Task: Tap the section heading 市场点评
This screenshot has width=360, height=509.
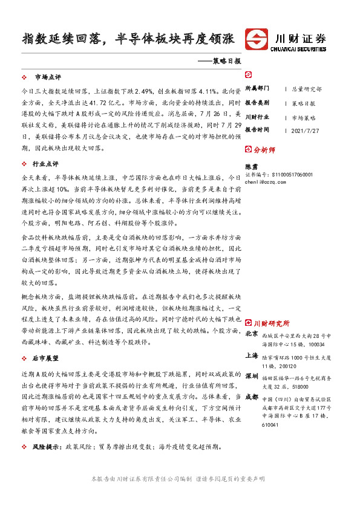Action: pyautogui.click(x=48, y=77)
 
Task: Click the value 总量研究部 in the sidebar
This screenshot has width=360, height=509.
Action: pyautogui.click(x=307, y=89)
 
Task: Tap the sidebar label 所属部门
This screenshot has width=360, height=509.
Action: pyautogui.click(x=257, y=88)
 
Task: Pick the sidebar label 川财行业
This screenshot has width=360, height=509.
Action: pyautogui.click(x=257, y=116)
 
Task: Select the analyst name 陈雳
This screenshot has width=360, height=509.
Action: pyautogui.click(x=251, y=166)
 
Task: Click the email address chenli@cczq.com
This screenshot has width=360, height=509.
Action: pyautogui.click(x=269, y=181)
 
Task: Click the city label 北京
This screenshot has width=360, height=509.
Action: pyautogui.click(x=252, y=334)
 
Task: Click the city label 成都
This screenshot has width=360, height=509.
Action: pyautogui.click(x=252, y=397)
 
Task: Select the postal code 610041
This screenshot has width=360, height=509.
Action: pyautogui.click(x=271, y=425)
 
